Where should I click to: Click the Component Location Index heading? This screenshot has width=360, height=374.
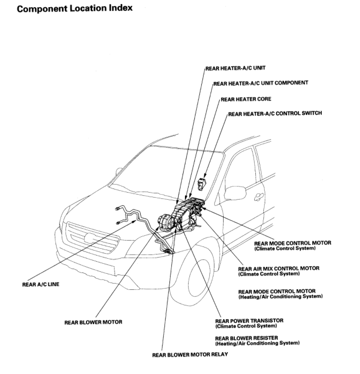pos(74,8)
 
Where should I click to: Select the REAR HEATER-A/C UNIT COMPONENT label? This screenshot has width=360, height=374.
pos(261,83)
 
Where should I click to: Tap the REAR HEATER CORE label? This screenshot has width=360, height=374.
pos(246,99)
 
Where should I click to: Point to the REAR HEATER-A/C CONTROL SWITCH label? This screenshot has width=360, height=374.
pos(275,114)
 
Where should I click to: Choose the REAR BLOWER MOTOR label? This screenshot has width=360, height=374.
pos(93,322)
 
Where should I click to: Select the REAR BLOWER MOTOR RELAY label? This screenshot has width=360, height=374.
pos(190,355)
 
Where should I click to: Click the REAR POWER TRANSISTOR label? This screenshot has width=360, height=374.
pos(249,321)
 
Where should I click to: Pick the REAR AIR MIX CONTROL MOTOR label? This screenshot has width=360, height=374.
pos(278,268)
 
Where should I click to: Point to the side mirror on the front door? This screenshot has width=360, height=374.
pos(234,193)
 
